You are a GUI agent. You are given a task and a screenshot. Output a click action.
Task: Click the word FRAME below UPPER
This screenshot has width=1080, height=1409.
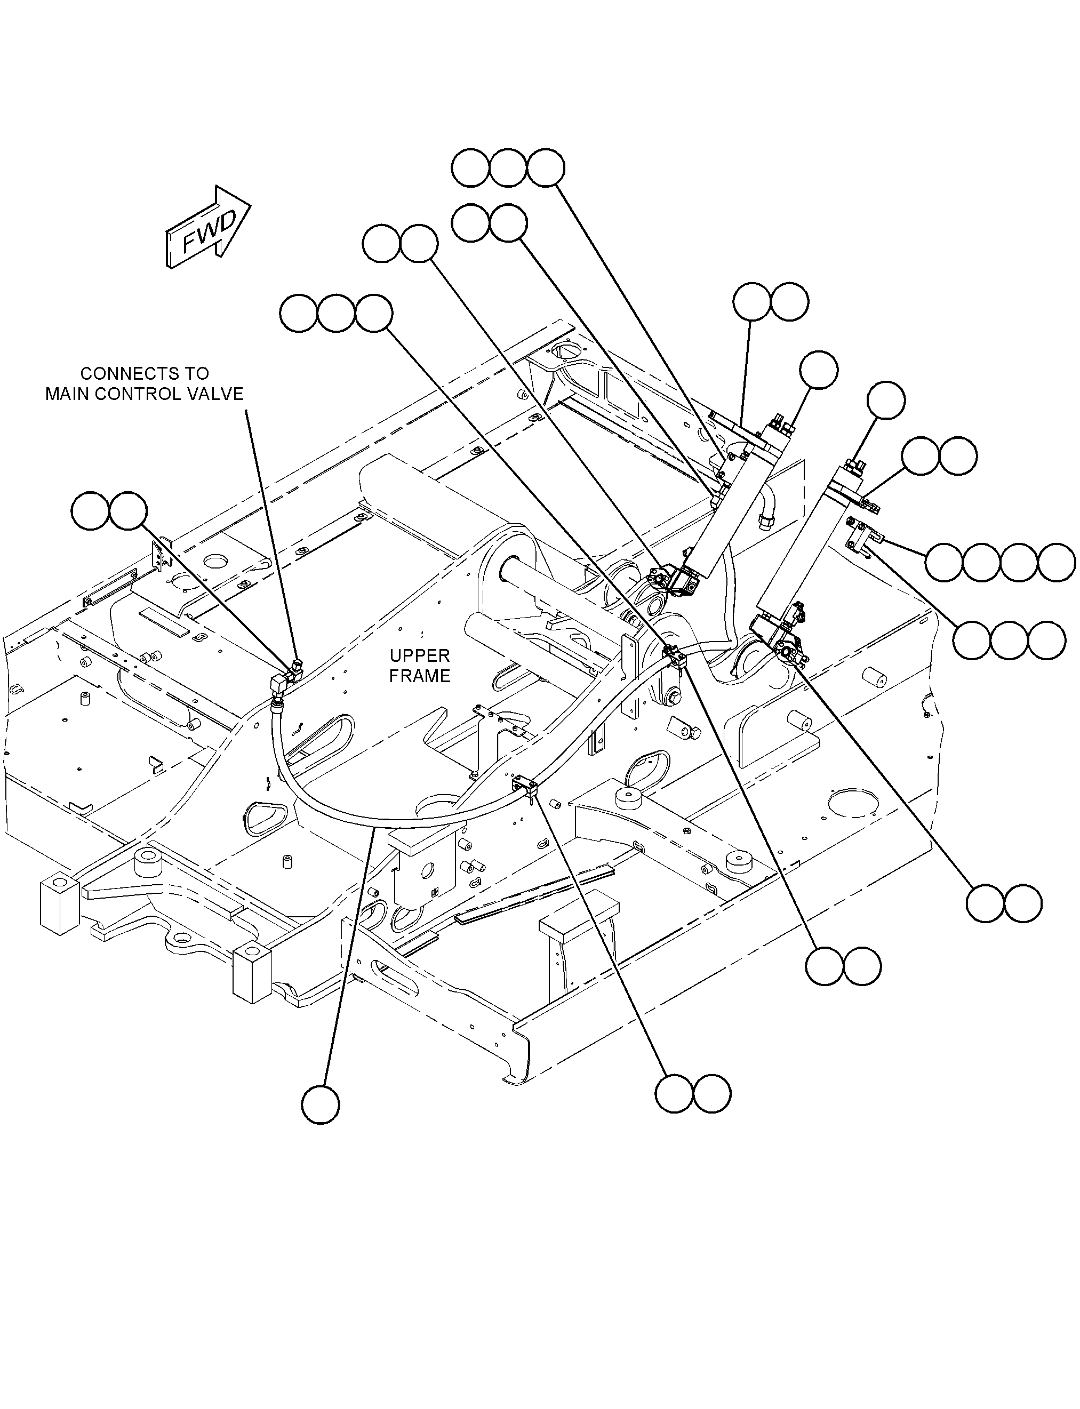tap(420, 676)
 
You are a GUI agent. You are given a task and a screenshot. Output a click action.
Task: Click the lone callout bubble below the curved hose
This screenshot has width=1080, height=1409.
tap(320, 1105)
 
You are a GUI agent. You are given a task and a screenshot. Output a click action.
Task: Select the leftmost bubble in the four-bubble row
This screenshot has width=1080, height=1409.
tap(945, 563)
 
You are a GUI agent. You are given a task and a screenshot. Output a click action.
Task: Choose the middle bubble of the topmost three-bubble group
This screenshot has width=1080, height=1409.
tap(508, 169)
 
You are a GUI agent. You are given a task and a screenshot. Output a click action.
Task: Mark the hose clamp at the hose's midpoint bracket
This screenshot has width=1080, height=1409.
tap(525, 787)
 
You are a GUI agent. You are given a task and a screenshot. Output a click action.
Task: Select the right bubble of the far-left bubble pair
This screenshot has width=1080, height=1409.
tap(129, 511)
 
